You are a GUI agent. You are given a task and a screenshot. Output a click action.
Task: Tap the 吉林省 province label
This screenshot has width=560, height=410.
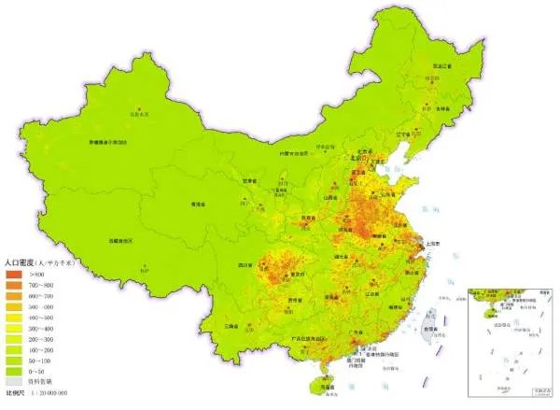click(431, 109)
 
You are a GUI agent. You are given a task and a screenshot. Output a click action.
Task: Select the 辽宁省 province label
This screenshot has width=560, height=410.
click(403, 134)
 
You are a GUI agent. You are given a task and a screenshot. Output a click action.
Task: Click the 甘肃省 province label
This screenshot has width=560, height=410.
click(249, 181)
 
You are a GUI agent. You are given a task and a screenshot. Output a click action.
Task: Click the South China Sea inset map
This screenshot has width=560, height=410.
click(510, 340)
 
